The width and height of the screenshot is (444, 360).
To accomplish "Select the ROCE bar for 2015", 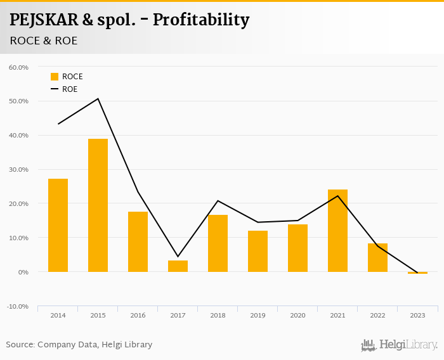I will (x=98, y=205).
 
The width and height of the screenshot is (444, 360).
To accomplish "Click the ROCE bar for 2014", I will (x=58, y=225).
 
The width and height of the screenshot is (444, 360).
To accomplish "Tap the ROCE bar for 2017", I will (x=178, y=266).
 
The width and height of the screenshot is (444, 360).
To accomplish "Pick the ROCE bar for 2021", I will (x=337, y=231).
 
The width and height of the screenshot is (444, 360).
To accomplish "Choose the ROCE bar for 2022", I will (x=377, y=257).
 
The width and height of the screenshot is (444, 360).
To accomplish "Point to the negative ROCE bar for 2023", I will (x=417, y=273).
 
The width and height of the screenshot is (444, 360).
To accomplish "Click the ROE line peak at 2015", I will (x=98, y=99).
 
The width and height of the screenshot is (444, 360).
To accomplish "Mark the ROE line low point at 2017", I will (x=178, y=256).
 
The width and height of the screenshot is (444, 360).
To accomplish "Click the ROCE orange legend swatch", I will (x=55, y=77).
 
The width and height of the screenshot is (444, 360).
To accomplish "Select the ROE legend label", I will (x=70, y=89).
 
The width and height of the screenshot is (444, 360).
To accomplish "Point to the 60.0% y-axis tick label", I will (x=18, y=67).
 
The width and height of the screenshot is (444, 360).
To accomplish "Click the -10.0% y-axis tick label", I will (x=18, y=306).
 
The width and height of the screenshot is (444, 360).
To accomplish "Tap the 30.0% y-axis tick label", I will (x=18, y=169).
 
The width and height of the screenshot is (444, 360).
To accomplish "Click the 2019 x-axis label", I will (x=258, y=315).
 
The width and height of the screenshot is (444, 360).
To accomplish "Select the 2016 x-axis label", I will (x=138, y=315).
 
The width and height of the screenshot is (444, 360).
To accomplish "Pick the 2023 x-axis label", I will (x=417, y=315).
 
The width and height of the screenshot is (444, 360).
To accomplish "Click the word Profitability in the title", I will (x=201, y=20).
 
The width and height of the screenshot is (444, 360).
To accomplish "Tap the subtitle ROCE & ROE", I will (x=44, y=41).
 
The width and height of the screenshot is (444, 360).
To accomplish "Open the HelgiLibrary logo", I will (x=400, y=345).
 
